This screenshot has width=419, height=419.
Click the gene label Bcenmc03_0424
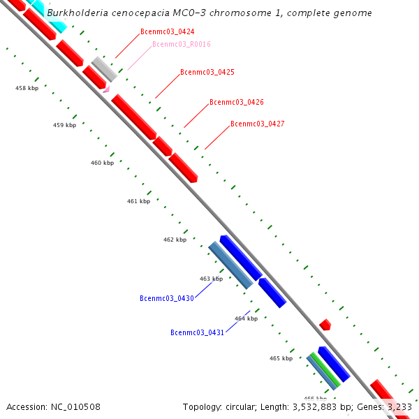click(168, 32)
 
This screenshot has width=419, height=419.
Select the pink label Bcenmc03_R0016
click(182, 45)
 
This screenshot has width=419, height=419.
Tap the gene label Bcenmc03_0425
click(207, 72)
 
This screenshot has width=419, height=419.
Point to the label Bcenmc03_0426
click(237, 102)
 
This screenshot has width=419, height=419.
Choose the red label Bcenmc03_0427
click(258, 124)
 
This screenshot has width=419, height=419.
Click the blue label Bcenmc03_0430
click(167, 298)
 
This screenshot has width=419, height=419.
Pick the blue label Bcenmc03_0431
click(197, 332)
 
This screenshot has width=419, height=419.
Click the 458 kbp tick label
click(26, 88)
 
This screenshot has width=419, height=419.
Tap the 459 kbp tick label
click(64, 125)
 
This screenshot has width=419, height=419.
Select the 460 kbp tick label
click(102, 163)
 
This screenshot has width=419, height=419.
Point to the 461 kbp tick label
click(138, 201)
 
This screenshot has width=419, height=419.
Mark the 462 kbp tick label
click(175, 240)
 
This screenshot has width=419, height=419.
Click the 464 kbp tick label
click(246, 318)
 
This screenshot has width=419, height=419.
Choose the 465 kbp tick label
click(281, 358)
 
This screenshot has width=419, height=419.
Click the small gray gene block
click(105, 68)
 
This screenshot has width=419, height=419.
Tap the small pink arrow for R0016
click(107, 89)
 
